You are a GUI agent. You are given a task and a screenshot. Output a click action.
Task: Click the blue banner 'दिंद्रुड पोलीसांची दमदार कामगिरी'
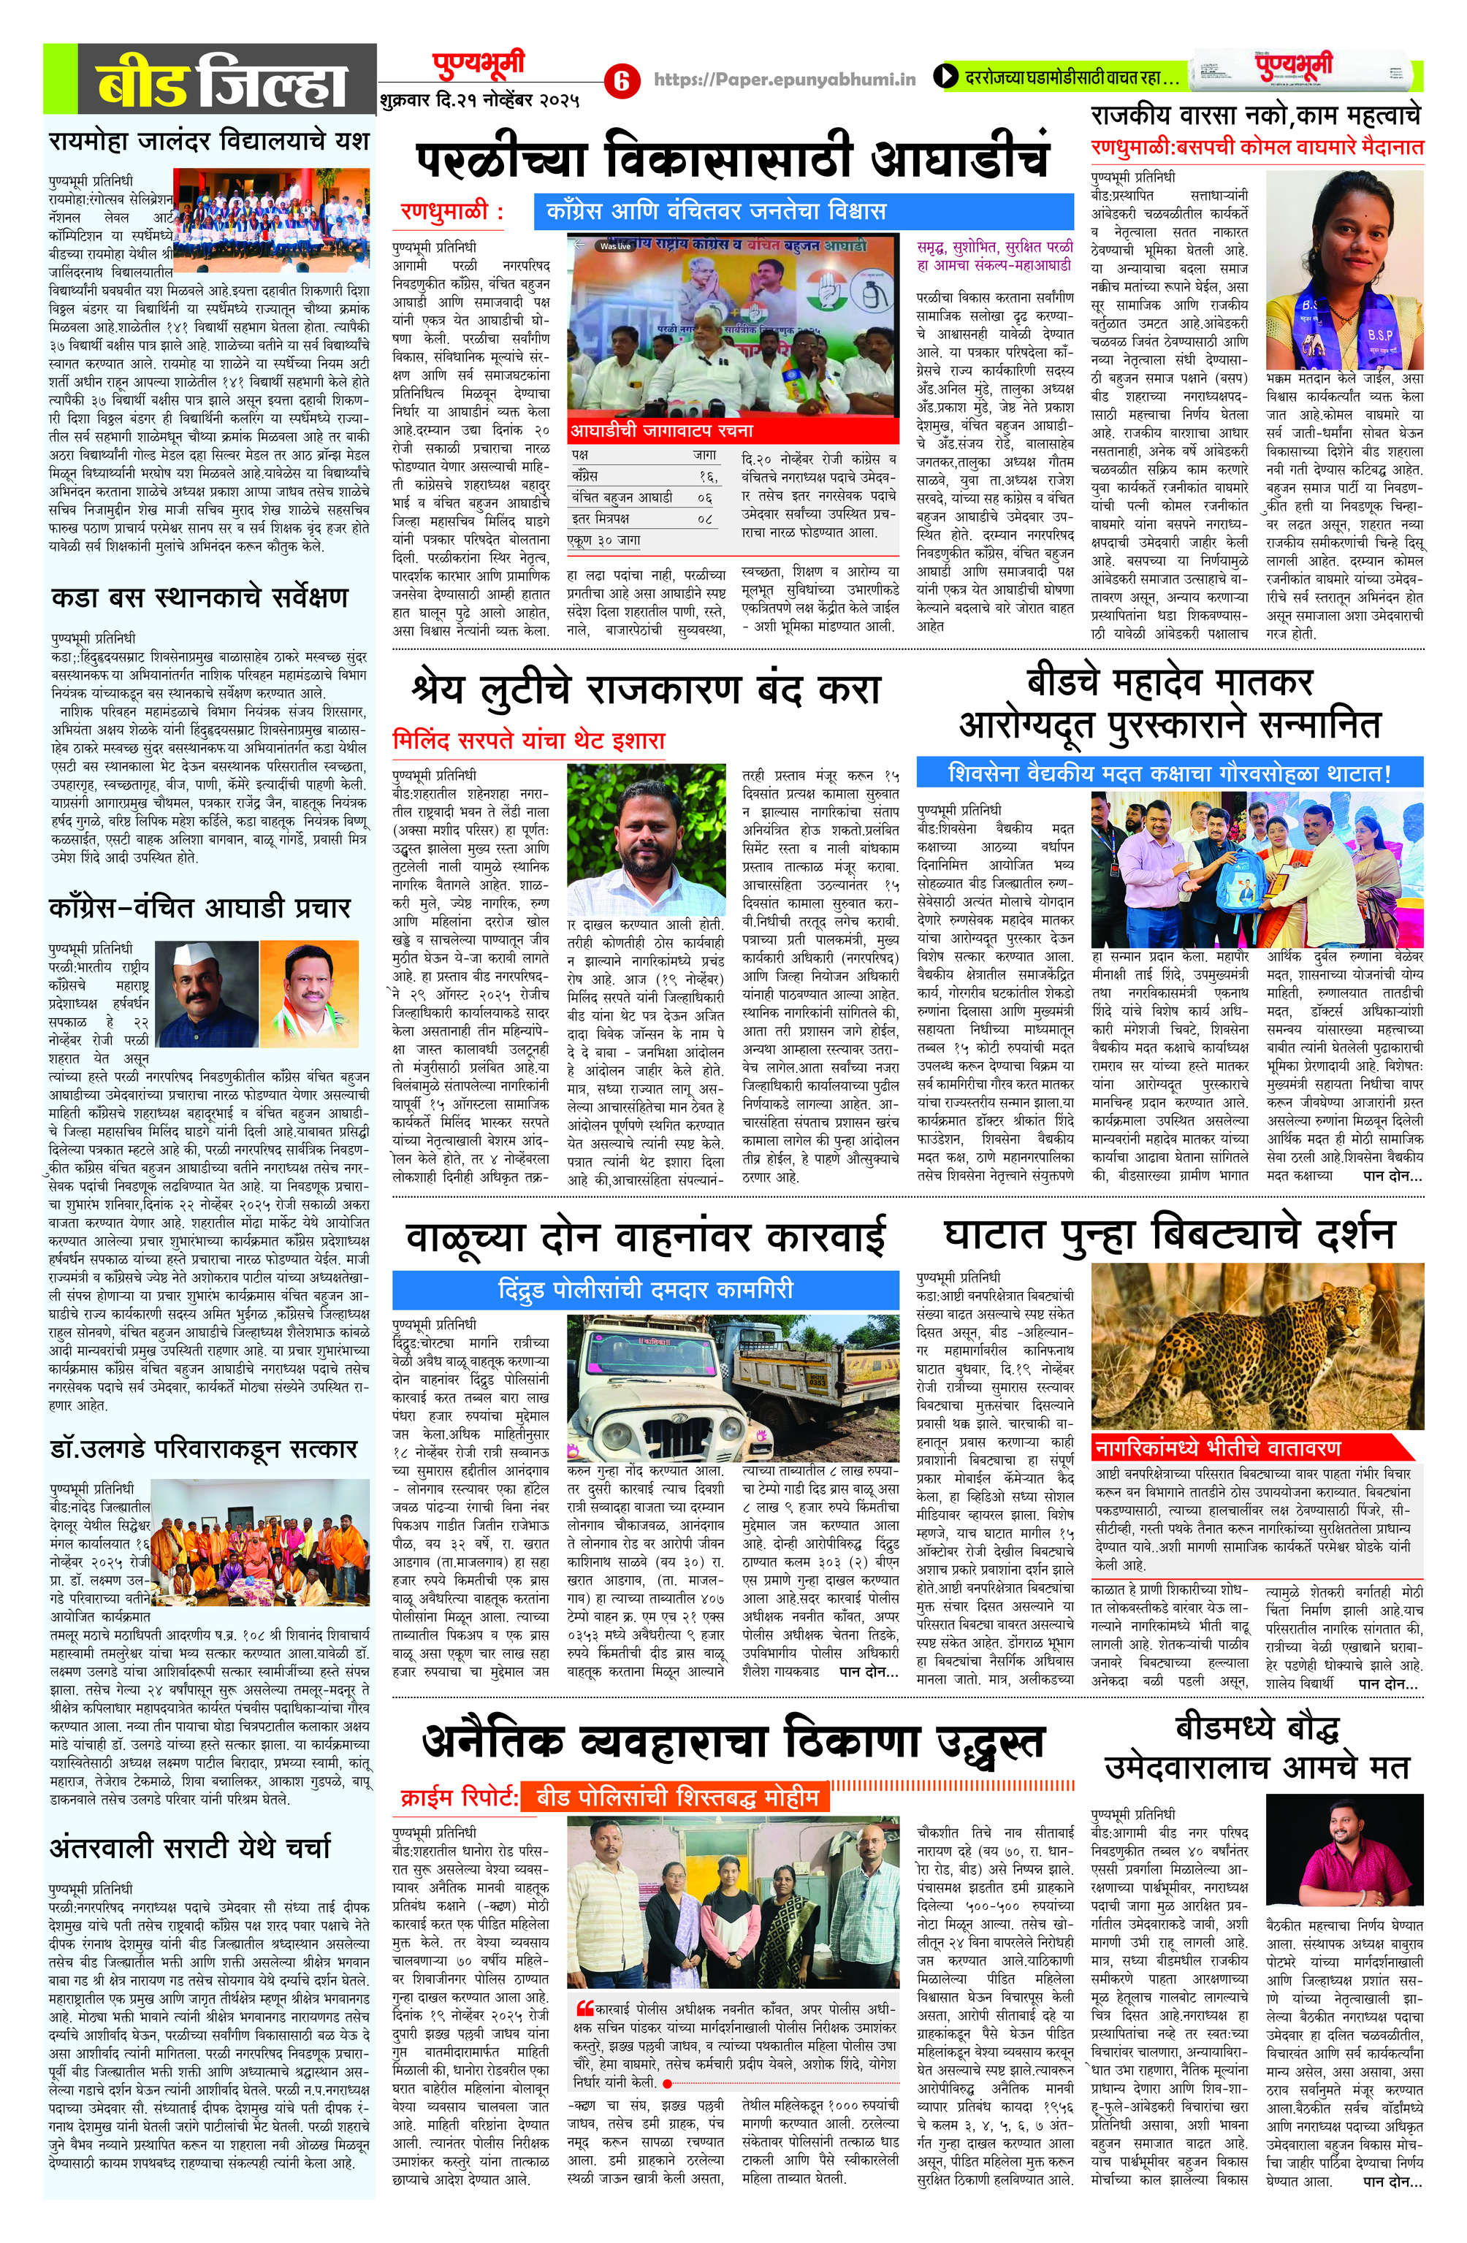pos(646,1288)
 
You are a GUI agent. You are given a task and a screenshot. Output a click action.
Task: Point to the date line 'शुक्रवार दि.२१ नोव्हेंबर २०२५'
pos(480,99)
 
